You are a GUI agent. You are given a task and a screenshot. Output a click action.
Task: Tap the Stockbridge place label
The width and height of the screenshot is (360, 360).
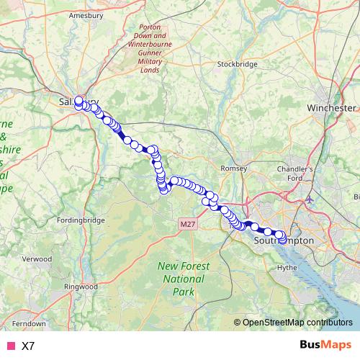click(237, 63)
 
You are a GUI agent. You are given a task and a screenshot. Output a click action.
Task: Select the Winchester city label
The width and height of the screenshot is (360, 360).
click(331, 107)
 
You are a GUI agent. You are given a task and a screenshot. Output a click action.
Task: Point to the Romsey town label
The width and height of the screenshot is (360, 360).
click(234, 168)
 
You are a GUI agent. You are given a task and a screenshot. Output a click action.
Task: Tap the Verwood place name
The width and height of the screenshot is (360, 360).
click(37, 258)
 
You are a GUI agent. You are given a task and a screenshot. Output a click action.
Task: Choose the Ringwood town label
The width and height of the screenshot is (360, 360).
click(80, 286)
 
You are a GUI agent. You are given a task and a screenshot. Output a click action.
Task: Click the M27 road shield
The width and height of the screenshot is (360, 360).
click(188, 225)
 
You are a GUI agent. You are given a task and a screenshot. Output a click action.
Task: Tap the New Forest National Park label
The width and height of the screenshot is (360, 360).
click(184, 279)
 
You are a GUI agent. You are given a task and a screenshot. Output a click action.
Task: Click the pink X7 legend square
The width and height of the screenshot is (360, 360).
click(10, 346)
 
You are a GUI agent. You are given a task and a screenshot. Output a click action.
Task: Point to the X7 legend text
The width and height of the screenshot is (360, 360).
click(28, 346)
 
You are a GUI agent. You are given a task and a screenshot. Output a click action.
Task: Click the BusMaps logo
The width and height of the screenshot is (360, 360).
click(326, 345)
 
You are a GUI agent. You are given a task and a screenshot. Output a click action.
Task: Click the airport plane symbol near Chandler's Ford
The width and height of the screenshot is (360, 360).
click(309, 198)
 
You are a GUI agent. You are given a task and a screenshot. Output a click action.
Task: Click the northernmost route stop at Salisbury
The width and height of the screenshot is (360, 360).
click(78, 100)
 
